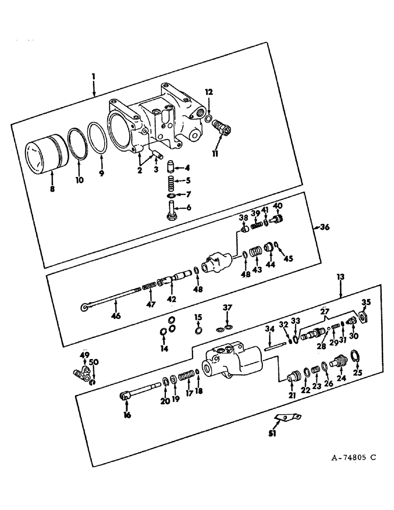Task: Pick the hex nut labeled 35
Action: pos(364,318)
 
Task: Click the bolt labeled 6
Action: pos(172,210)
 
